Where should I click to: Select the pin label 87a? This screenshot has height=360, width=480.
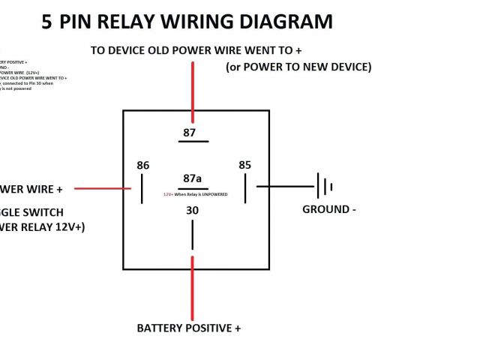tap(193, 178)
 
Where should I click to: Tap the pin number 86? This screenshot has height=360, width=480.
tap(142, 165)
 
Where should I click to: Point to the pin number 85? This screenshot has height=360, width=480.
tap(244, 165)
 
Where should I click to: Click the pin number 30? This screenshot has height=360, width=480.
tap(193, 211)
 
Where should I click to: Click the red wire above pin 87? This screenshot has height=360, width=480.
tap(193, 90)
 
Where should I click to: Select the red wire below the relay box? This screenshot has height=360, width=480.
tap(193, 289)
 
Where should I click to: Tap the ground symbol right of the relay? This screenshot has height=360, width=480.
tap(324, 186)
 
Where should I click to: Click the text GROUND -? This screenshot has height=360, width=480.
tap(328, 209)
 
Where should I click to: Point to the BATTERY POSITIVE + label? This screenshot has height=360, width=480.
tap(188, 328)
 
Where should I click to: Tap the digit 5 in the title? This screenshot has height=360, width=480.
tap(47, 22)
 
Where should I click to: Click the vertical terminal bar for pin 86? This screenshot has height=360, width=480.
tap(142, 189)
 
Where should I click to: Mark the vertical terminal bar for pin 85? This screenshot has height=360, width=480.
tap(244, 187)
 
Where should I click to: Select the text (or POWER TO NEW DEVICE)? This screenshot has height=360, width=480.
tap(298, 67)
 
